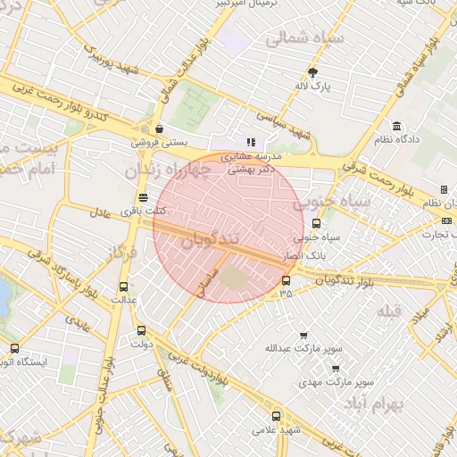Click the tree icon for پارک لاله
tap(312, 72)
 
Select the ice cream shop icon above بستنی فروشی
tap(159, 128)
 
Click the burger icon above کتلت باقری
tap(143, 197)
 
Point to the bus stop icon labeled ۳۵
tap(286, 279)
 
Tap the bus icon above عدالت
tap(123, 287)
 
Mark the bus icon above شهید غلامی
tap(275, 416)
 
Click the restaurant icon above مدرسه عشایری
tap(251, 141)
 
